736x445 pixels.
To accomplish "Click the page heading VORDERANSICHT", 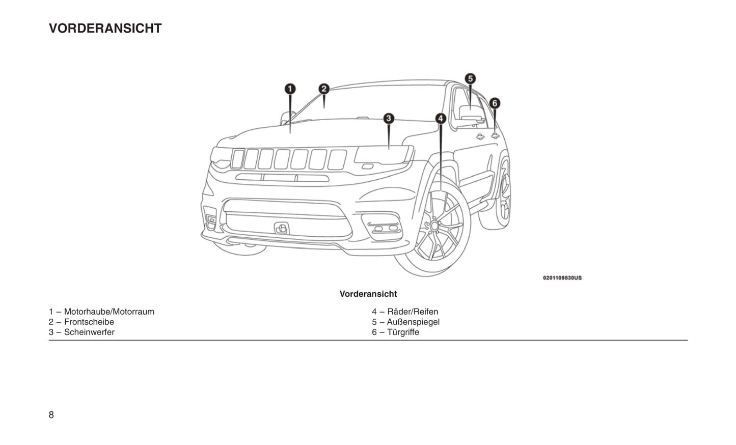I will tap(105, 29).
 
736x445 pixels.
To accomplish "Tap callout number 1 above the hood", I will tap(290, 90).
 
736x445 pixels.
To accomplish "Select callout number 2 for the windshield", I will tap(324, 89).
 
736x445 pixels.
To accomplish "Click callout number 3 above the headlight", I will tap(389, 119).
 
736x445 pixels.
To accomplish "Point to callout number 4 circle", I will tap(441, 119).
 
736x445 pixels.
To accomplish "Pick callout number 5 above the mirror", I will tap(470, 78).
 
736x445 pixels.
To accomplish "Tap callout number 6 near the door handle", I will tap(494, 103).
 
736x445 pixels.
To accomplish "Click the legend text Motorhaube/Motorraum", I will tap(109, 312).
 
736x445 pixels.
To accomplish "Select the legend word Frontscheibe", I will tap(89, 322).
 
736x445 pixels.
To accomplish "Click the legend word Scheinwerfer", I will tap(89, 332).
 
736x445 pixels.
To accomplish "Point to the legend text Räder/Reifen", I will tap(413, 312).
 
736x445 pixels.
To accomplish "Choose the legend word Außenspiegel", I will tap(413, 322).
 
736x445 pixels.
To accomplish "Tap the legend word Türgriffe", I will tap(403, 332).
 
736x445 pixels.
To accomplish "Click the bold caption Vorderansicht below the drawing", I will tap(368, 294).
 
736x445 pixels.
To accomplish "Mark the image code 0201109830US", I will tap(562, 278).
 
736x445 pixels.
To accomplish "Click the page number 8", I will tap(51, 415).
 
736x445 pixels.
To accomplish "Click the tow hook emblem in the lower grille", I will tap(281, 229).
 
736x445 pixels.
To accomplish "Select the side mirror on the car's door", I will tap(471, 115).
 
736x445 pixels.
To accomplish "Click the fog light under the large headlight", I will tap(385, 228).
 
